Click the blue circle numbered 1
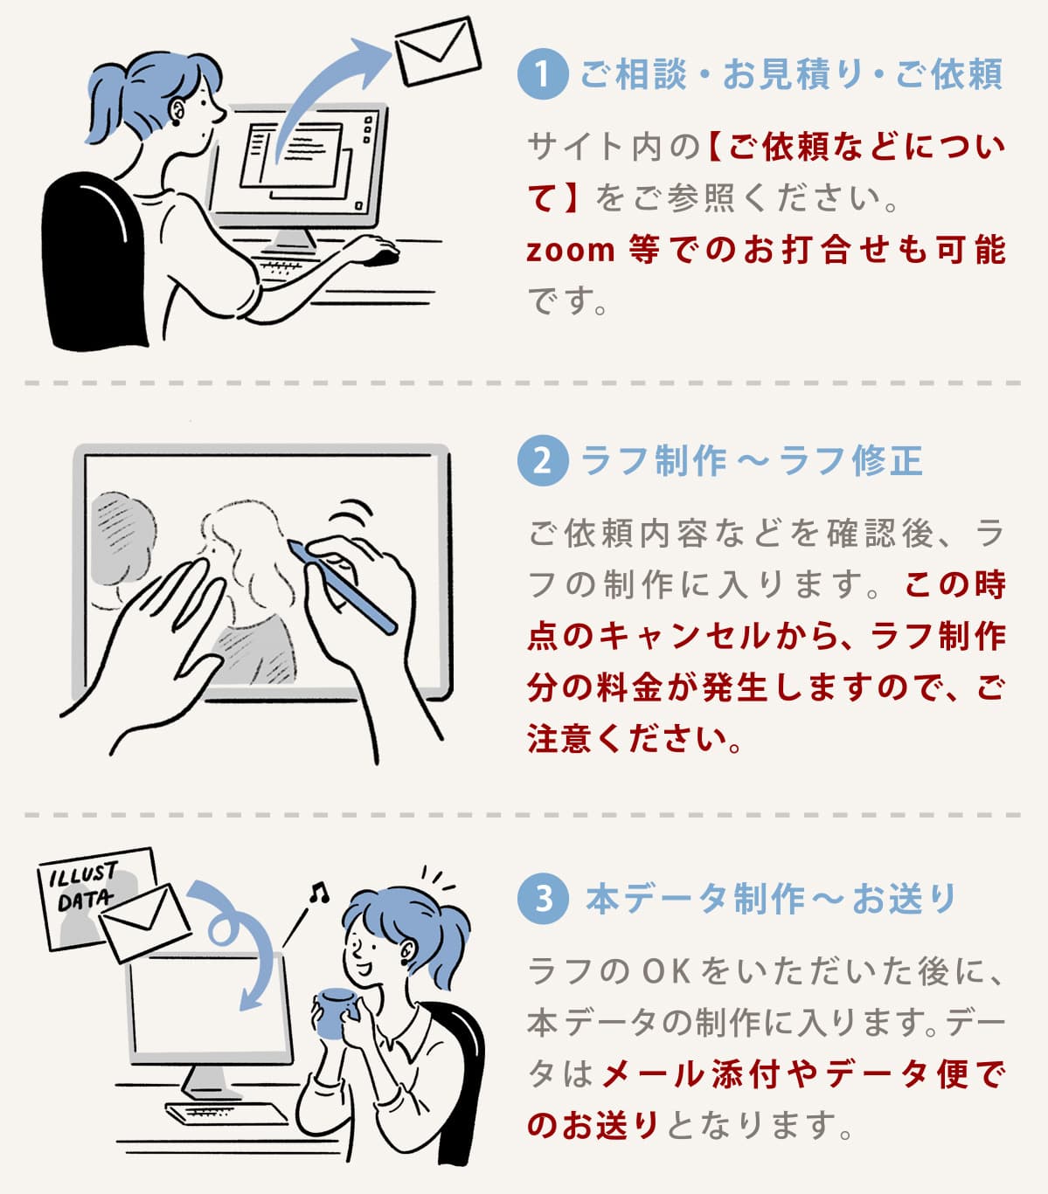tap(543, 74)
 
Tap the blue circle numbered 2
tap(543, 460)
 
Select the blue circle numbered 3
tap(543, 899)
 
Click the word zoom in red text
tap(570, 251)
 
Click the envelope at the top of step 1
tap(438, 51)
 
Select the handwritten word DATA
tap(85, 900)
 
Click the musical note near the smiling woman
tap(319, 893)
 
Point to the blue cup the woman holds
tap(337, 1013)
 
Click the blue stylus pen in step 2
tap(342, 587)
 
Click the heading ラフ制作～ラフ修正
tap(752, 460)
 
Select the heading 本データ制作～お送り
tap(770, 899)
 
